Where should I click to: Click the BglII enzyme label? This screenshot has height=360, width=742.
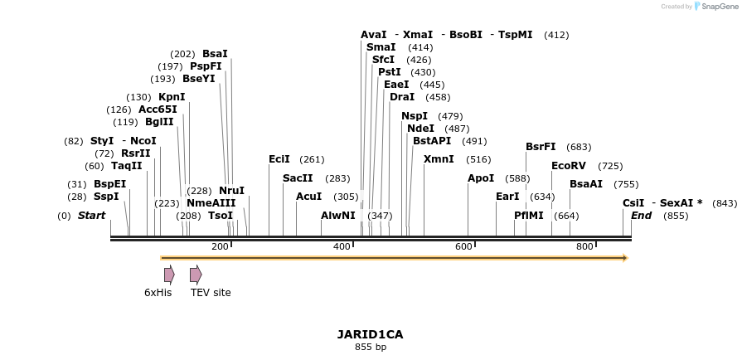point(159,122)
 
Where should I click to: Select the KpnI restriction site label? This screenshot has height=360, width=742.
point(172,97)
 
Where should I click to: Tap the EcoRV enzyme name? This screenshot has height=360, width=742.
point(569,166)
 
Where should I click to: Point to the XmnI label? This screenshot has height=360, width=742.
point(439,159)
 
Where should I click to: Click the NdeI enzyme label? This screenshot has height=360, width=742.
point(420,129)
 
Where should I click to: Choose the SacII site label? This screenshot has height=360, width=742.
point(298,178)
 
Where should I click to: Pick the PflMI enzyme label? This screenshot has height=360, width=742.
point(529,216)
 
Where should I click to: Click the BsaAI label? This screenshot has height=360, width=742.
point(586,184)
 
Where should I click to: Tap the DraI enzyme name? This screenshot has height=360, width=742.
point(403,97)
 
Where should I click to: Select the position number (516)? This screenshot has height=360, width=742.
point(478,159)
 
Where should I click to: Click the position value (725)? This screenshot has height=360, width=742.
point(610,166)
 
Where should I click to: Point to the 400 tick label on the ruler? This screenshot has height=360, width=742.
point(342,247)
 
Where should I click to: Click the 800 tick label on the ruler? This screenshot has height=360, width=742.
point(585,247)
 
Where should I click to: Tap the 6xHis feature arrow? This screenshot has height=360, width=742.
point(169,275)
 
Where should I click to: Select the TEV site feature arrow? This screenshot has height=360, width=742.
point(196,275)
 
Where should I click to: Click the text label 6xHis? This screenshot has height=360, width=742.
point(158,293)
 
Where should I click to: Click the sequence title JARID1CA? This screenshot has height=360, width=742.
point(370,334)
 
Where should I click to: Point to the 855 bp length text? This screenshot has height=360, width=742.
point(370,347)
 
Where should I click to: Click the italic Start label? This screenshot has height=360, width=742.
point(91,216)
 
